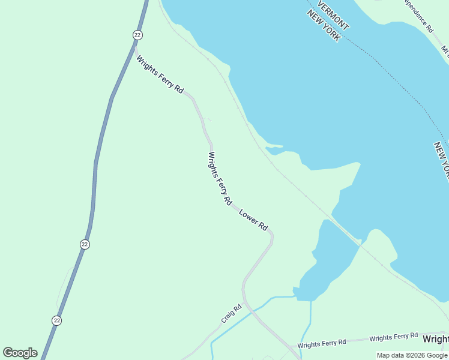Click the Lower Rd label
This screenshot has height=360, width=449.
[253, 220]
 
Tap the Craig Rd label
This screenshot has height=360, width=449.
[231, 313]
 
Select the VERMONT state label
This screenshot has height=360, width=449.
[333, 15]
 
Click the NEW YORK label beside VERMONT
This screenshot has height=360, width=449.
[324, 26]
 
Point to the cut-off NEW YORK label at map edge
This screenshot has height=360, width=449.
[441, 160]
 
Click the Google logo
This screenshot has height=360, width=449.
[20, 353]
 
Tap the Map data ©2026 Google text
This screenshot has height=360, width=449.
[412, 355]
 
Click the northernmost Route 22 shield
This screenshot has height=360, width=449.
[137, 35]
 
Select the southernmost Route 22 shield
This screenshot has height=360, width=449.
[56, 320]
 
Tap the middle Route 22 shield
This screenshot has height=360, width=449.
[85, 244]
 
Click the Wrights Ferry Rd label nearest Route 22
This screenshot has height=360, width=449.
[160, 74]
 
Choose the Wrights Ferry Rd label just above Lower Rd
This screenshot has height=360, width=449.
[220, 179]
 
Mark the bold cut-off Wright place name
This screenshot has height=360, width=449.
[435, 340]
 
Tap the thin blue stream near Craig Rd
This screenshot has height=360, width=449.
[240, 318]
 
